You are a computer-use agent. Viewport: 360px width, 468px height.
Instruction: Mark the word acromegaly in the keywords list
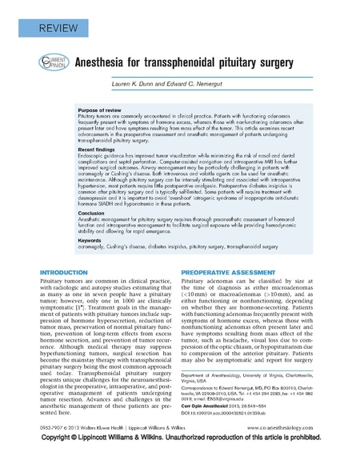[x=93, y=247]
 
